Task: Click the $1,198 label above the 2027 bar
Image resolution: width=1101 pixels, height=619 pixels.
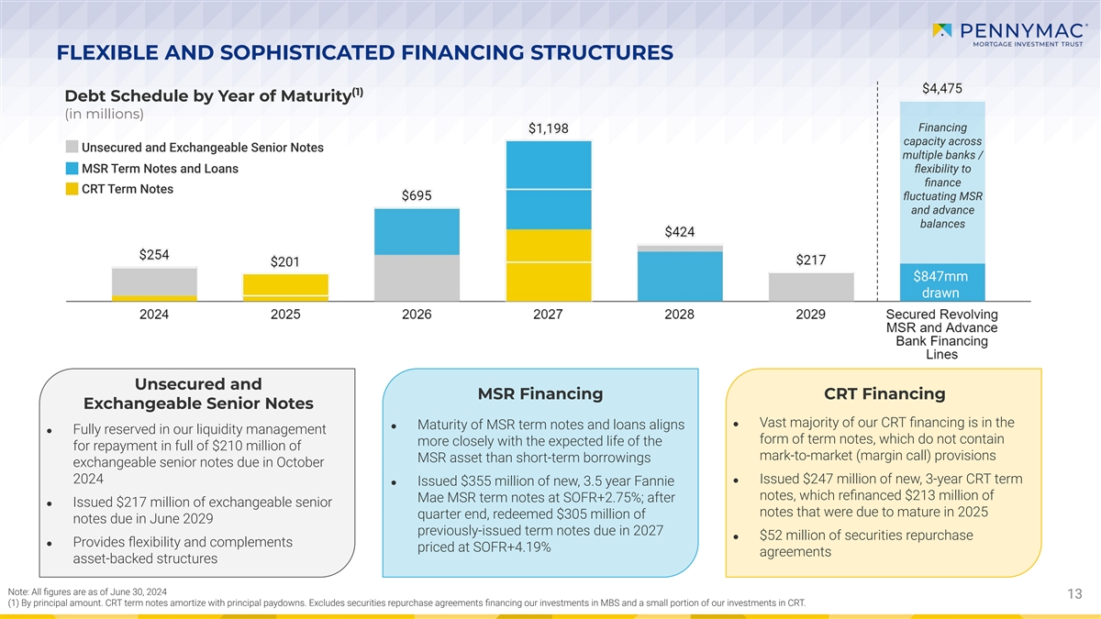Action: click(x=548, y=128)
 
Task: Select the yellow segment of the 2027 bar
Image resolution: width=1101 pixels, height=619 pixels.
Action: click(x=548, y=264)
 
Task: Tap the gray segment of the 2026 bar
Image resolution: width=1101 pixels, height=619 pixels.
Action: click(x=417, y=277)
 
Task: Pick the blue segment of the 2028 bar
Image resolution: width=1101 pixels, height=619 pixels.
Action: click(x=679, y=275)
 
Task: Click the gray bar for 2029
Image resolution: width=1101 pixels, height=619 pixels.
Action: click(x=810, y=286)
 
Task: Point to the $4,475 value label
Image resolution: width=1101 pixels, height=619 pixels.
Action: click(x=941, y=89)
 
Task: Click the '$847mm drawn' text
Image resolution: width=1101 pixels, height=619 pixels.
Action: click(x=941, y=284)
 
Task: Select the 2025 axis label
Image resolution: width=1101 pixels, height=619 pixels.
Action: click(x=285, y=315)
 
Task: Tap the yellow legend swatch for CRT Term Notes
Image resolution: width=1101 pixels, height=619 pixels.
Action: click(x=72, y=190)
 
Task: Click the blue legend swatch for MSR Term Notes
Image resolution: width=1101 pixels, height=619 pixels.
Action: click(x=72, y=169)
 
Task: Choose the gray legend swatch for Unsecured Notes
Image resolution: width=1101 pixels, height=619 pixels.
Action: click(x=72, y=148)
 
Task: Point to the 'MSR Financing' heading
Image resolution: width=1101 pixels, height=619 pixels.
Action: click(x=540, y=394)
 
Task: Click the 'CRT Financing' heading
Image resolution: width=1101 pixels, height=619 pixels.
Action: click(x=884, y=394)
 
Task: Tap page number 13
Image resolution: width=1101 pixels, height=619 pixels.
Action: click(x=1075, y=595)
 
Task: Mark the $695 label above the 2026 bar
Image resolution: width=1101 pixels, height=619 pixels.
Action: click(x=417, y=196)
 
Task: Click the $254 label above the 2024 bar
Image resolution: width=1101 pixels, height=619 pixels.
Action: click(x=154, y=255)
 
